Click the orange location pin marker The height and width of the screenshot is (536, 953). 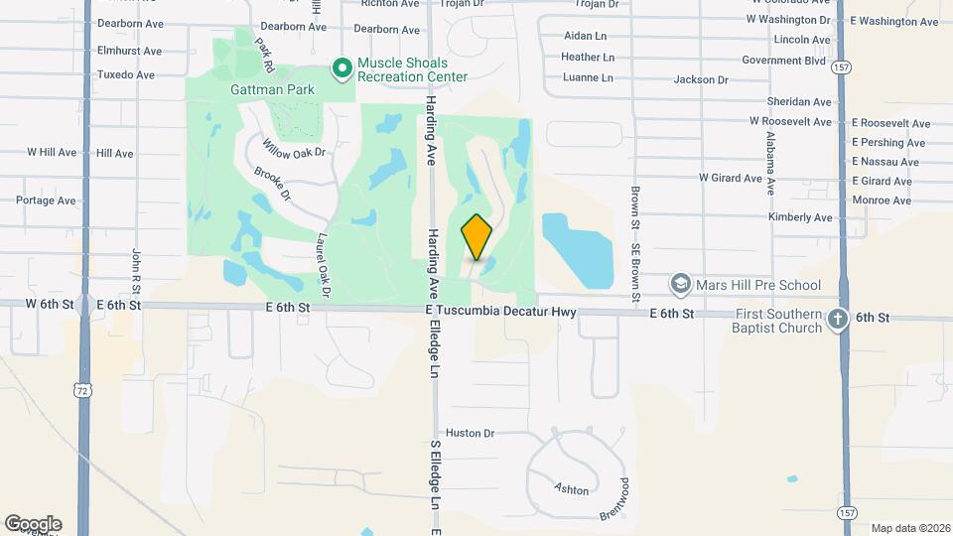click(476, 237)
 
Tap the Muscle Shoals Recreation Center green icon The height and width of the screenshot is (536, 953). click(342, 68)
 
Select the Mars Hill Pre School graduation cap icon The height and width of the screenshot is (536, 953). click(680, 286)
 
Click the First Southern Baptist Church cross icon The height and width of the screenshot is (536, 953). click(838, 321)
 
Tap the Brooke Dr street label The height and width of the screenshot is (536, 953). click(271, 183)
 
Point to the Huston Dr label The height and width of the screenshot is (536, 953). click(470, 433)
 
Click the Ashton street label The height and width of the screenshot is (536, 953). click(572, 489)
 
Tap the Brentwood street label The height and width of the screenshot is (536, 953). click(614, 500)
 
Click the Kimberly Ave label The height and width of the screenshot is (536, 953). click(800, 217)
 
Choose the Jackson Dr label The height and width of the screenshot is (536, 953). click(701, 79)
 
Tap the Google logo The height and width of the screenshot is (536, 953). click(33, 523)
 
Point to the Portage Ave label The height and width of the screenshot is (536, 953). click(46, 201)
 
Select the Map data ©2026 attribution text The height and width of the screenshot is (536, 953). click(908, 528)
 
